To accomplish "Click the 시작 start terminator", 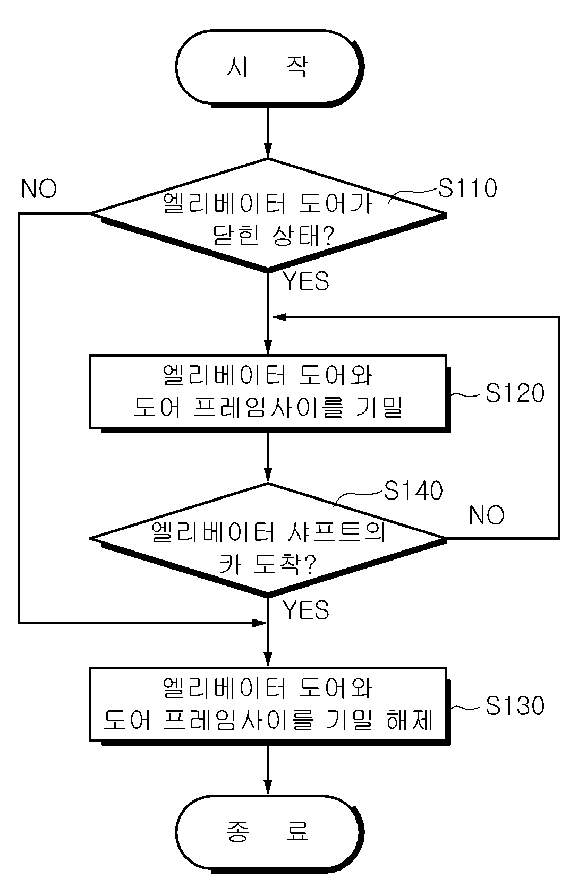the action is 269,68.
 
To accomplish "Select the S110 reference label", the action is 467,188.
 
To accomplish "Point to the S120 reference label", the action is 515,393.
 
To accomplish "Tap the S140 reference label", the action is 413,490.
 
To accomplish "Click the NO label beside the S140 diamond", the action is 487,515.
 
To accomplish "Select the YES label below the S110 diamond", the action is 305,281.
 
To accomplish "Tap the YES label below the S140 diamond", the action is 305,610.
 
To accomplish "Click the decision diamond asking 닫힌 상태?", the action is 268,215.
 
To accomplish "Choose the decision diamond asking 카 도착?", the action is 268,540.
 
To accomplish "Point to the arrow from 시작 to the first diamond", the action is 268,133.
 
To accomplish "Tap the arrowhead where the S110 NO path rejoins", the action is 260,623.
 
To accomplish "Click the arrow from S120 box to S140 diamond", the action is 268,458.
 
